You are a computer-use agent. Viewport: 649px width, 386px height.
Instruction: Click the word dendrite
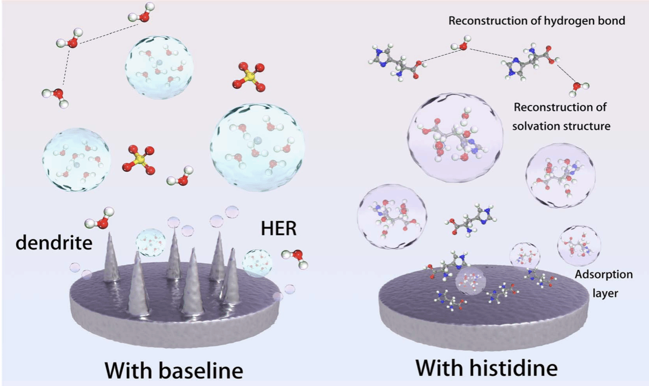(x=54, y=242)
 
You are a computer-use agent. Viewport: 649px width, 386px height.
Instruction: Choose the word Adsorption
(x=603, y=275)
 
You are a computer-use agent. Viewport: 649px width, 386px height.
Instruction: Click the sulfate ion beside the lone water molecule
(x=139, y=158)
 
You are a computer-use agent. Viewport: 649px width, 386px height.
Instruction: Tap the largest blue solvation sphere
(x=257, y=147)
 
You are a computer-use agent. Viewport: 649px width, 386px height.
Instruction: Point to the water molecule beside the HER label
(x=296, y=257)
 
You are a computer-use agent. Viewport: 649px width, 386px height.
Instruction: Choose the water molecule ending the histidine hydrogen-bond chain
(x=579, y=88)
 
